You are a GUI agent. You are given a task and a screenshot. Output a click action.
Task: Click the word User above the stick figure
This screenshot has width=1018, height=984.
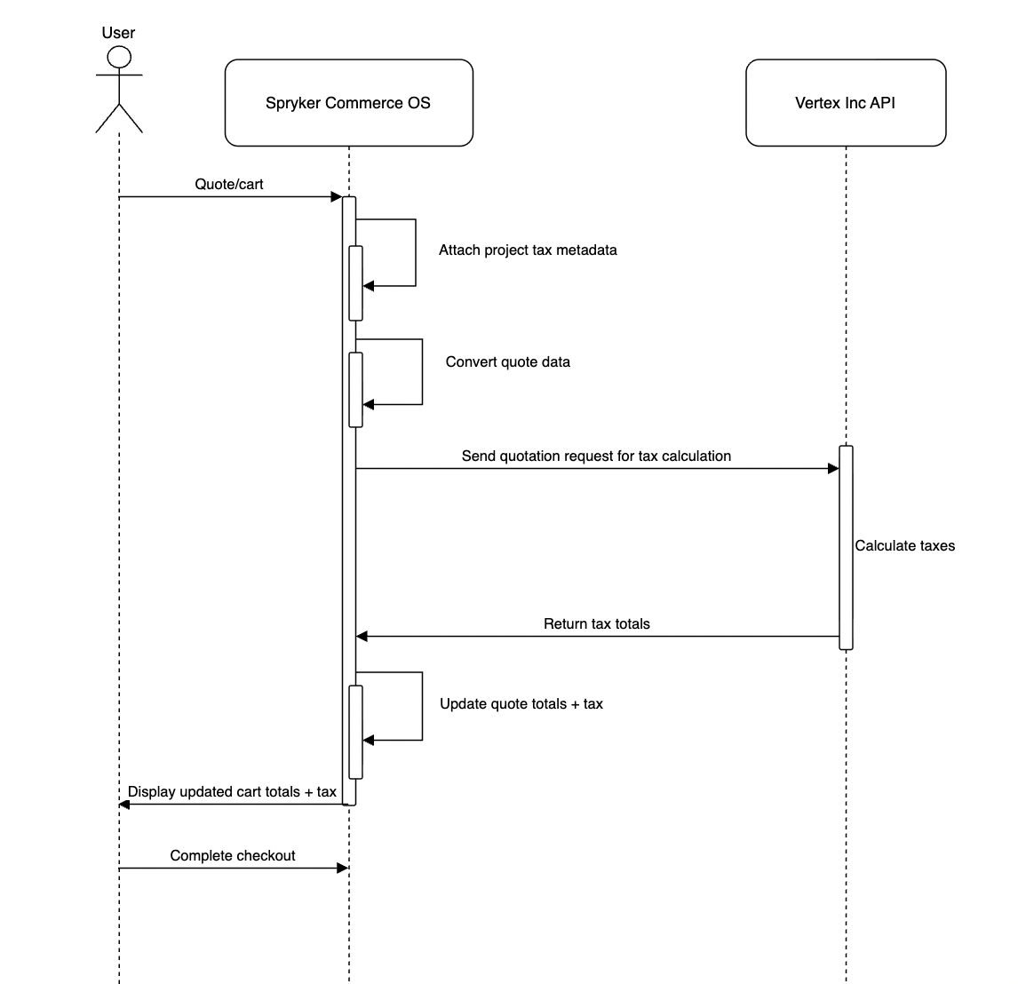point(118,33)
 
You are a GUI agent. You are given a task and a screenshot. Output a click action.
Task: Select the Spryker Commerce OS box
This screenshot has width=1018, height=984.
point(348,103)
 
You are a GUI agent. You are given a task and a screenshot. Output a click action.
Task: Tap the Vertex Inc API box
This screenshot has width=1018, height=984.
point(845,103)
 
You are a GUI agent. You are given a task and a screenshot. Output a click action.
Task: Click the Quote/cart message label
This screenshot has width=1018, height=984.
point(229,185)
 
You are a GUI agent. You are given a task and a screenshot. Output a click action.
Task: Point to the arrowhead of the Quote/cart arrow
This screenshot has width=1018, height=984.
point(336,196)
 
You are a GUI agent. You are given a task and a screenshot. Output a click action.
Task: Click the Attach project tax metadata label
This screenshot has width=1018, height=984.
point(528,250)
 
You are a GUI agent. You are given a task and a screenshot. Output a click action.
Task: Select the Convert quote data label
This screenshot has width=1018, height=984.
point(507,361)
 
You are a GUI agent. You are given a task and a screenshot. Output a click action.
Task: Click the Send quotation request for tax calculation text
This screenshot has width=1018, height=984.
point(596,456)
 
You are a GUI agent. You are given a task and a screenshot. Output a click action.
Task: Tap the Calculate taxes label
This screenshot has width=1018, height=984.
point(904,546)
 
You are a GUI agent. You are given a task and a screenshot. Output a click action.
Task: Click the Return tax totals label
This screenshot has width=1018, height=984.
point(596,624)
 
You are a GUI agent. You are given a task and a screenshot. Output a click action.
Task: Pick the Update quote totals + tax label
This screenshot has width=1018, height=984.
point(521,704)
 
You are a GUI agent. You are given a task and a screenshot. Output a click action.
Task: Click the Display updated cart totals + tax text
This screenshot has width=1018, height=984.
point(232,792)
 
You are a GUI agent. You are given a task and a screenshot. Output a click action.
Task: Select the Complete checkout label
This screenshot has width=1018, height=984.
point(233,856)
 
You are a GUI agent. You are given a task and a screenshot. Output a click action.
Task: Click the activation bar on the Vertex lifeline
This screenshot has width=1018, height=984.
point(846,547)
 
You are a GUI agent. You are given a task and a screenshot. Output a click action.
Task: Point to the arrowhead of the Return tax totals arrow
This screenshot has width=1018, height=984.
point(362,636)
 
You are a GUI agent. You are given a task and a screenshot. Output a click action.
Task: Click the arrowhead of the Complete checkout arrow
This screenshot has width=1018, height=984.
point(342,868)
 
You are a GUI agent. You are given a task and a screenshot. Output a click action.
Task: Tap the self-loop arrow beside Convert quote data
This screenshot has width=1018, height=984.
point(421,372)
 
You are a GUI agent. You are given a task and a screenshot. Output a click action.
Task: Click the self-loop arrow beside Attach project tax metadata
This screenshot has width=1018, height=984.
point(415,252)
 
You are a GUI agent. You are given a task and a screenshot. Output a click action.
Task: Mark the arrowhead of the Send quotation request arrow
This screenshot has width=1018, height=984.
point(832,468)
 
